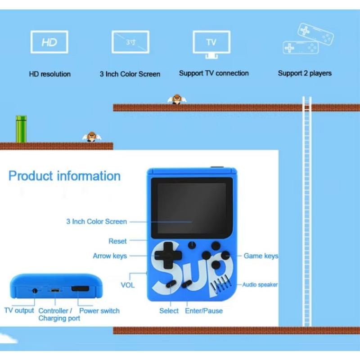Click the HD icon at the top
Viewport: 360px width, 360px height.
point(49,43)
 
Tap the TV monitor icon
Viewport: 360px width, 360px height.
point(211,44)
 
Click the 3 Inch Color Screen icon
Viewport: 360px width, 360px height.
point(130,43)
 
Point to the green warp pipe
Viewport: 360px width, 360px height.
point(21,129)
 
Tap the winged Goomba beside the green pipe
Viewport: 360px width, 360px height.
point(92,137)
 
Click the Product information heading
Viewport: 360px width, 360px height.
point(64,176)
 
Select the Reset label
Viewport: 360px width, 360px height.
point(117,241)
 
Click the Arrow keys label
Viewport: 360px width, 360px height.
point(110,256)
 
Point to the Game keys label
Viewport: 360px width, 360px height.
point(261,256)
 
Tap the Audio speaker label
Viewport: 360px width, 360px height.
point(260,284)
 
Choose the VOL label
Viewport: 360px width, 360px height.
point(127,285)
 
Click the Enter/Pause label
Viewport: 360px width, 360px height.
point(204,310)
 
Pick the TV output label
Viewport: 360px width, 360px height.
point(19,310)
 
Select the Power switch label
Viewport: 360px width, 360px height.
point(99,310)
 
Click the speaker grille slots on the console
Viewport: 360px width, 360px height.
point(225,283)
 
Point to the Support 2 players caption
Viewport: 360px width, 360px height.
point(305,73)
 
